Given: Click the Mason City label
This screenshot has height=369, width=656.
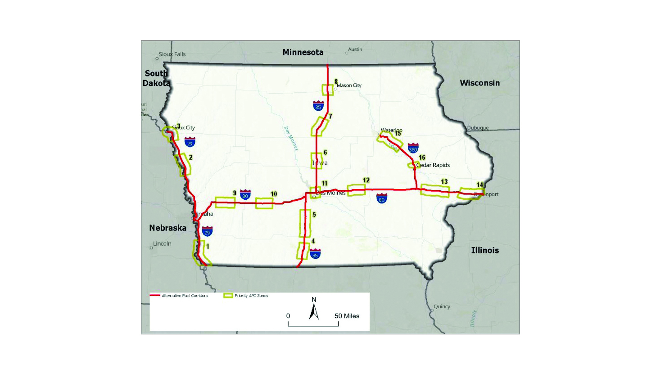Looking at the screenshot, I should pos(349,85).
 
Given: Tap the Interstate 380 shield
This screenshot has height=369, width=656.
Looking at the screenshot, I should pos(413,148).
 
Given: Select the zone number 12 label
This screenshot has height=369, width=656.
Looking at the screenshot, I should pos(366,180).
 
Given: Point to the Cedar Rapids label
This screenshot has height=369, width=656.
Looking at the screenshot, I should pos(433,165).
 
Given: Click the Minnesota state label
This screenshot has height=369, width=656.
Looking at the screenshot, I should pos(303,52).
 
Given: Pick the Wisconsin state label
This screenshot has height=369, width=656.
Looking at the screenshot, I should pos(480,83).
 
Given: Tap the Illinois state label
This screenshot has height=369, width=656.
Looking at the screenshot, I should pos(485,250).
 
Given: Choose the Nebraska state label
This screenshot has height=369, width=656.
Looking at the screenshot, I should pos(167,228).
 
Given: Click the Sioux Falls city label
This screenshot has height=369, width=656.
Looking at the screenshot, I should pos(172,54).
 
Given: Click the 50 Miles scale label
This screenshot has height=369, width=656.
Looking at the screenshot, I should pos(347,316).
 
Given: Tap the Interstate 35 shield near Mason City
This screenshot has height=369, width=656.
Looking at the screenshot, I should pos(318,106).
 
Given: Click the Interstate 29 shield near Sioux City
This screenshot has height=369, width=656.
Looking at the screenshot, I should pos(190,142).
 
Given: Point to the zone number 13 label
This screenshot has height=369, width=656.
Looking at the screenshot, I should pos(444,182).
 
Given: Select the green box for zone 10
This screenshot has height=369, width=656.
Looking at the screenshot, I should pos(264,203).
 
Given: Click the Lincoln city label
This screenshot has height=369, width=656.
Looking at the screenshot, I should pos(162,244).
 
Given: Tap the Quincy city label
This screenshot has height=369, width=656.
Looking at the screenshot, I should pos(442,306).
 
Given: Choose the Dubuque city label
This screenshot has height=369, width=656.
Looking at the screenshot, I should pos(478,128).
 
